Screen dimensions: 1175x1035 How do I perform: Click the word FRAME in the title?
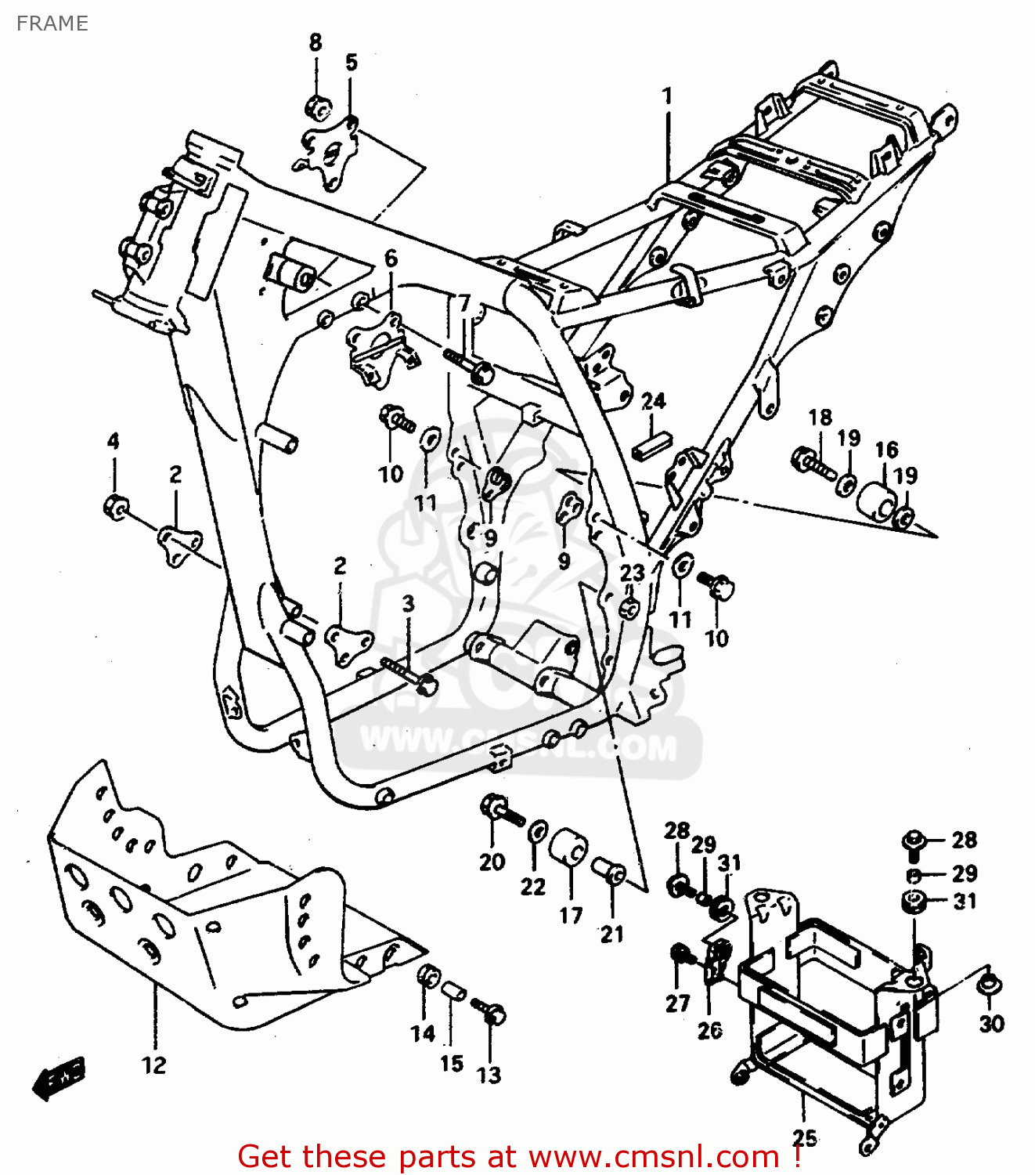[x=52, y=23]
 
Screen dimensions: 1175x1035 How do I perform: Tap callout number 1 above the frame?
[x=667, y=96]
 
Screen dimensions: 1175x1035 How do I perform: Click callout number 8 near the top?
[x=316, y=42]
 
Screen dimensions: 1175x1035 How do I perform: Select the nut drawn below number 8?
[x=317, y=107]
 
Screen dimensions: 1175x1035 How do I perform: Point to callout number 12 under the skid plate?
[x=154, y=1065]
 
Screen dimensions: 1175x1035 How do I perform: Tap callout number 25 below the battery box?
[x=804, y=1137]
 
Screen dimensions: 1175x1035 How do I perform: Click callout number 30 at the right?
[x=991, y=1023]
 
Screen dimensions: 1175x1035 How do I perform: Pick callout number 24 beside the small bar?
[x=653, y=401]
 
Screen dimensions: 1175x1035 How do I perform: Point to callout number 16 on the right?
[x=886, y=450]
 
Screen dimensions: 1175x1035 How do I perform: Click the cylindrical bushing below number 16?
[x=877, y=501]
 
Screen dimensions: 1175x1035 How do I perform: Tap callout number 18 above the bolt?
[x=820, y=418]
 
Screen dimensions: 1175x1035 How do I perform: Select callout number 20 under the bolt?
[x=492, y=862]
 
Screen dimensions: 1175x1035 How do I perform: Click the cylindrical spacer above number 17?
[x=569, y=848]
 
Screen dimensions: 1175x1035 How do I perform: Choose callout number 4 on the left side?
[x=114, y=441]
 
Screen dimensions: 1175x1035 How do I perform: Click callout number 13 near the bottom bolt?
[x=489, y=1075]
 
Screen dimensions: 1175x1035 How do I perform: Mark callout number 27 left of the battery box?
[x=677, y=1003]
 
